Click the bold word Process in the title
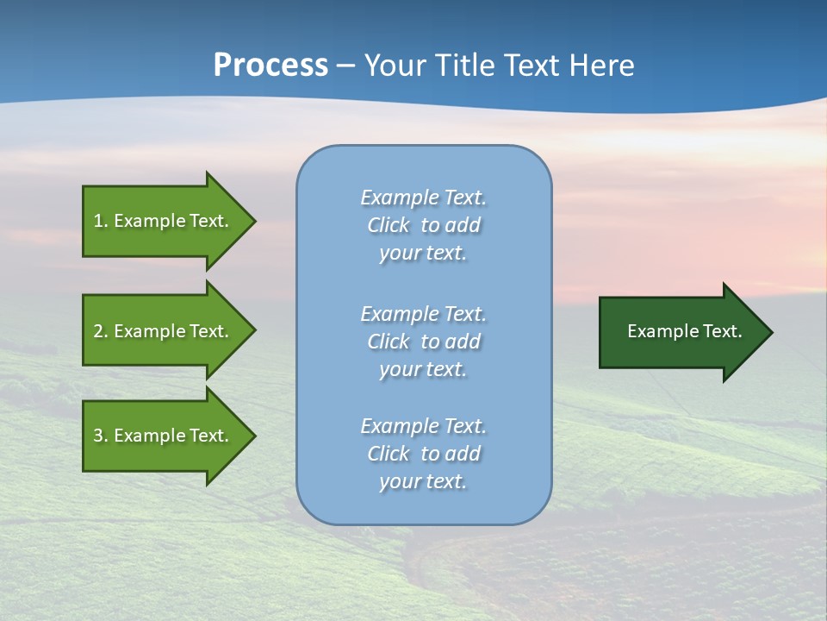(270, 66)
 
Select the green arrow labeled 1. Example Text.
(164, 221)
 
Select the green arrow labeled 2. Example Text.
(164, 331)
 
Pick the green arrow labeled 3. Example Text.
(164, 436)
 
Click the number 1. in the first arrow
(101, 221)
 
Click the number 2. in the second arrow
(101, 331)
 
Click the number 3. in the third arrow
(101, 436)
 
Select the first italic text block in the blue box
(423, 225)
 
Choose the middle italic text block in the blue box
(423, 341)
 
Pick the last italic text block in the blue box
(423, 454)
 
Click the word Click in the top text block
(389, 225)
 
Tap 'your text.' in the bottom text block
(423, 481)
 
